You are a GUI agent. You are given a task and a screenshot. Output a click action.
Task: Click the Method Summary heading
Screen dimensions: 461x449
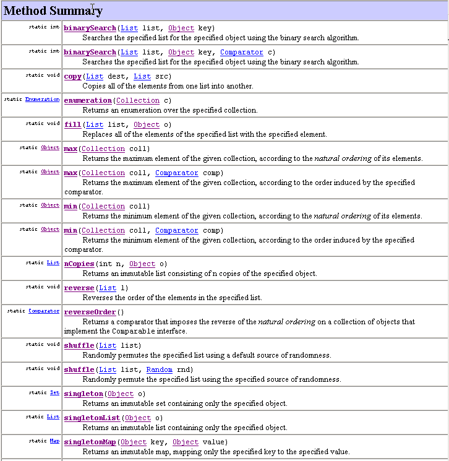click(54, 11)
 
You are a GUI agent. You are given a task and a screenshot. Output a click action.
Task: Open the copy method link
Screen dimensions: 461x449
click(72, 76)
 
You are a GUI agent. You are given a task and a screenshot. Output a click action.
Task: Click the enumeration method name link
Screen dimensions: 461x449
click(88, 100)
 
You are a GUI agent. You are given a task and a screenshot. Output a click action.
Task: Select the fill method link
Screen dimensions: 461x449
click(72, 124)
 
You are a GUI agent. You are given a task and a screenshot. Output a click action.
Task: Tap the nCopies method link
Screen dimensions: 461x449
click(79, 264)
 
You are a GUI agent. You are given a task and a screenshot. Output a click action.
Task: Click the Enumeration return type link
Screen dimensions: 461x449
click(42, 99)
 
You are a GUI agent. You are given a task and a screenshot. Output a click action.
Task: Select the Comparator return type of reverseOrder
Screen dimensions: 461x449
click(44, 311)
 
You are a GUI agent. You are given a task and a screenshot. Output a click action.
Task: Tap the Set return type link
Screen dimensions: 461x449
click(54, 392)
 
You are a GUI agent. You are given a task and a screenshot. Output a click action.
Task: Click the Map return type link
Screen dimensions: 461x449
click(54, 441)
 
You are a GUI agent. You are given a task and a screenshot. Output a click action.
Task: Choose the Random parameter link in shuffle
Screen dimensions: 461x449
click(159, 369)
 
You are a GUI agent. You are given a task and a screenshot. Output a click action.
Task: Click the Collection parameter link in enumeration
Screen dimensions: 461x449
click(138, 100)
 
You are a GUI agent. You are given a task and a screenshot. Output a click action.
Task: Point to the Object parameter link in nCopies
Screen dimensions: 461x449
click(142, 264)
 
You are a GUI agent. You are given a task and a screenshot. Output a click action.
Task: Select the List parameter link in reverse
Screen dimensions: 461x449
click(108, 288)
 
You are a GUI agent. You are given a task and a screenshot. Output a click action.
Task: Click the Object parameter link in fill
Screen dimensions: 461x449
click(147, 124)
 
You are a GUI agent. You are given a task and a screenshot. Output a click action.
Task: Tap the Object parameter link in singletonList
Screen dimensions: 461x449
click(137, 418)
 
